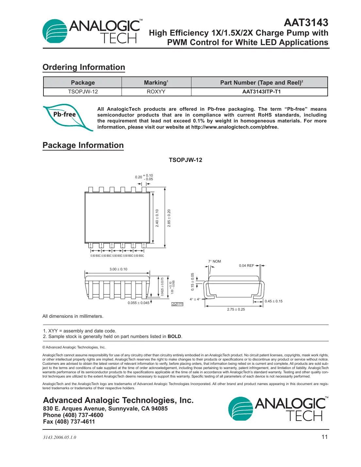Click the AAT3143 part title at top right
pos(306,23)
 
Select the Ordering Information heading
pos(84,67)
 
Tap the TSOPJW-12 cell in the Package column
pos(83,92)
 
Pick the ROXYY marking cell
pos(156,92)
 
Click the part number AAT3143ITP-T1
pos(261,92)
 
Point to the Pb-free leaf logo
pos(67,117)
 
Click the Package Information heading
pos(83,145)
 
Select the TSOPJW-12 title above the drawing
pos(185,160)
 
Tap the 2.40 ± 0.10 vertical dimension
pos(157,218)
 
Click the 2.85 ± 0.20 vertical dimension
pos(169,218)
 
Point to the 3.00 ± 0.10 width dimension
pos(118,269)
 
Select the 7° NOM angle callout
pos(215,261)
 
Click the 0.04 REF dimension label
pos(246,266)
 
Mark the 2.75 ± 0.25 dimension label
pos(236,309)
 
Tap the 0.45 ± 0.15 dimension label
pos(273,301)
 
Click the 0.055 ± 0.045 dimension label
pos(139,303)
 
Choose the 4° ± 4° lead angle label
pos(195,299)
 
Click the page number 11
pos(324,437)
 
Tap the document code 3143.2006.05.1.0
pos(59,438)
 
